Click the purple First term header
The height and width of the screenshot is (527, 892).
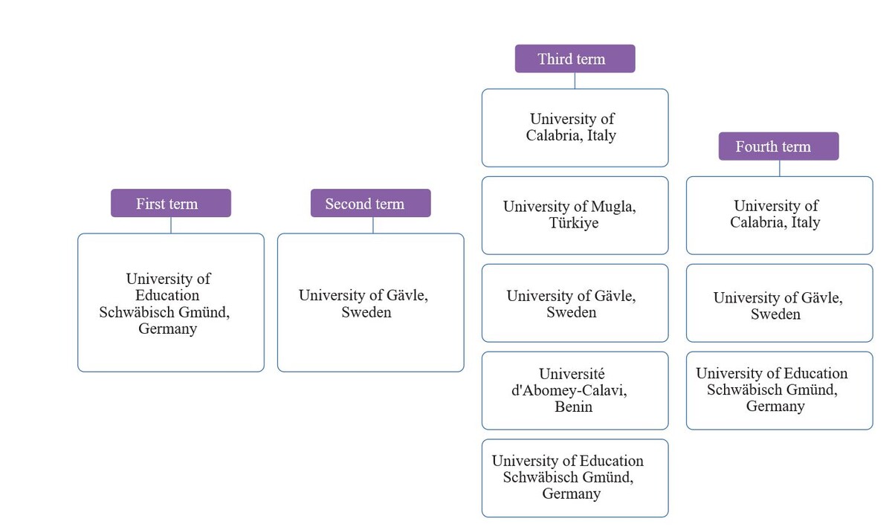171,203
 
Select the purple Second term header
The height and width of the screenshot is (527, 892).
370,203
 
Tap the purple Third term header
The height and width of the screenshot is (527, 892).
575,59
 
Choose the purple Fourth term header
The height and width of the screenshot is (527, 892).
778,146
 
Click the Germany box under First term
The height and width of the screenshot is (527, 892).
171,303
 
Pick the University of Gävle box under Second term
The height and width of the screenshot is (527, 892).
370,303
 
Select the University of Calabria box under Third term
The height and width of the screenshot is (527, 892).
575,128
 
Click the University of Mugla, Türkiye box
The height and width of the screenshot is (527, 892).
575,216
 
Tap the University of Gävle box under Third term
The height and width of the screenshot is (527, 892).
575,303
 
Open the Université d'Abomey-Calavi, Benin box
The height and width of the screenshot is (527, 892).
575,390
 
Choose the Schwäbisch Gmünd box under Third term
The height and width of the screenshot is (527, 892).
575,478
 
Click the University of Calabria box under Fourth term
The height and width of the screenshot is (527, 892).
779,216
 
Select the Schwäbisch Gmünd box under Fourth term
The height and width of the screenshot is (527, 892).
779,390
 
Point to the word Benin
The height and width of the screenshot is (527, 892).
573,407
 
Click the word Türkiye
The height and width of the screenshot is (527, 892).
573,224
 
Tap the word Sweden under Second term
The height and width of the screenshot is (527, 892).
366,312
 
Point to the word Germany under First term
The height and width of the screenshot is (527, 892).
167,329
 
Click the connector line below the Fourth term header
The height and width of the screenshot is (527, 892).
779,168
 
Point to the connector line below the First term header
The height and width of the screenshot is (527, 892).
171,225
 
